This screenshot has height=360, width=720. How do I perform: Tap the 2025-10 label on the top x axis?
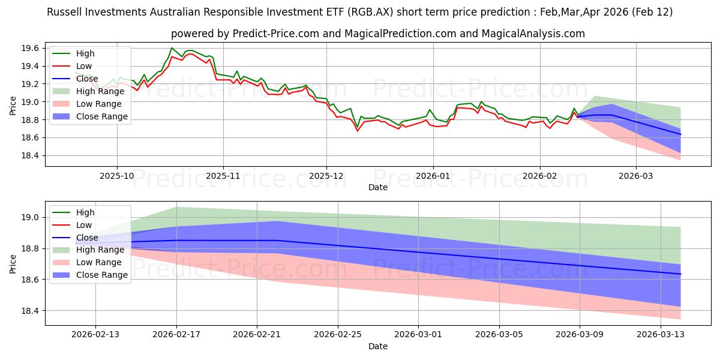tap(116, 176)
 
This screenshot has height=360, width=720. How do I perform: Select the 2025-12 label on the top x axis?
tap(326, 176)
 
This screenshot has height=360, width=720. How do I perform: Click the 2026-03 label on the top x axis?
tap(636, 176)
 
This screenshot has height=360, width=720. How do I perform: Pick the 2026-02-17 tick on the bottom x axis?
tap(176, 335)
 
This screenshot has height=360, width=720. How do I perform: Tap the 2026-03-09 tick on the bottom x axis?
tap(580, 335)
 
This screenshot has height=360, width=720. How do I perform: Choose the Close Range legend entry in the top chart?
tap(101, 116)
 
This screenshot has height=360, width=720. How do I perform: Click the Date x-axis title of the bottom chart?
tap(378, 346)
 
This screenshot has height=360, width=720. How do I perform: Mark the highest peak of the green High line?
tap(172, 48)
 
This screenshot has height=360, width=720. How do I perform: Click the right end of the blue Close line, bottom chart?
tap(680, 274)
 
